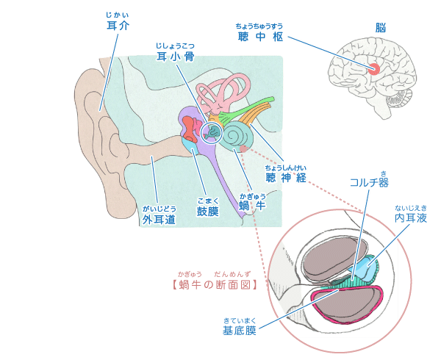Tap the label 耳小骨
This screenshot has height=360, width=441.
(175, 56)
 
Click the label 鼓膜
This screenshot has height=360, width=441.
(207, 212)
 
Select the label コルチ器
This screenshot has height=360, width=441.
(369, 182)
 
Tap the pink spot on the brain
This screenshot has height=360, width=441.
(374, 69)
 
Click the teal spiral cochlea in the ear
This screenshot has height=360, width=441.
(240, 135)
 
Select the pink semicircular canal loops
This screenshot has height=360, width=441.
(225, 92)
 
